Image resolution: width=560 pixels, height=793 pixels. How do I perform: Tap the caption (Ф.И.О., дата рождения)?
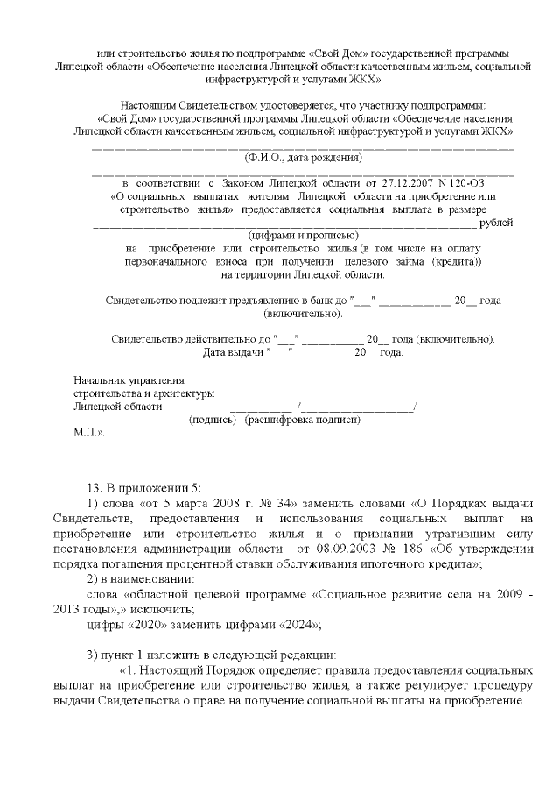302,159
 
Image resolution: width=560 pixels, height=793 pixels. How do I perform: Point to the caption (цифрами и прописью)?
302,236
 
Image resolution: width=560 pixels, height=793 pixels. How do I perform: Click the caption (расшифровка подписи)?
303,420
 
